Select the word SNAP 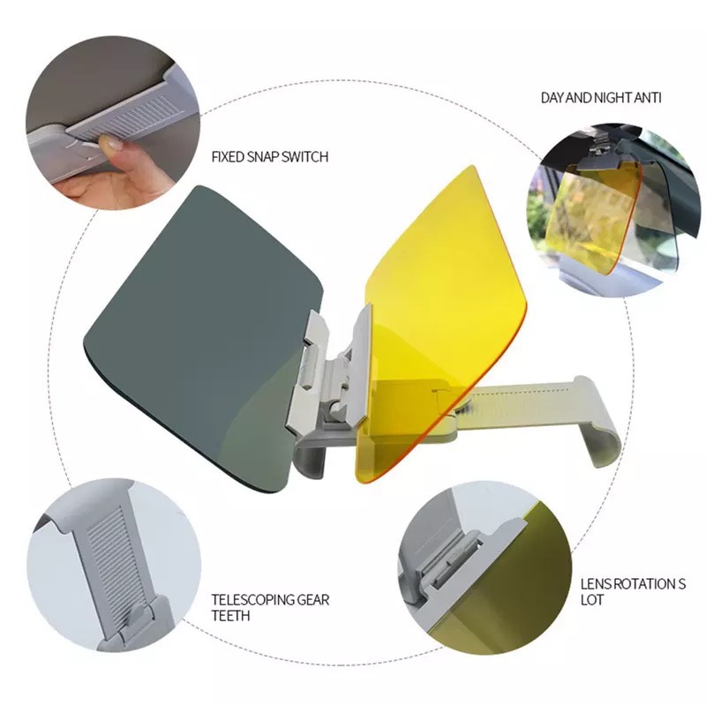click(x=263, y=157)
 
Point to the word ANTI click(x=648, y=98)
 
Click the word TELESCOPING click(x=252, y=600)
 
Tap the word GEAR click(x=313, y=600)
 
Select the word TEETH click(x=230, y=615)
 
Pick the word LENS click(x=596, y=584)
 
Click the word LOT click(x=591, y=600)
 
